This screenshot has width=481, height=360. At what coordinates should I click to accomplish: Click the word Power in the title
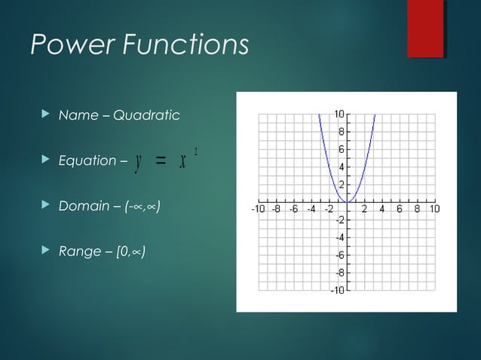[67, 44]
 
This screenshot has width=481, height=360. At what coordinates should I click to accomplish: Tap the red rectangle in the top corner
[425, 29]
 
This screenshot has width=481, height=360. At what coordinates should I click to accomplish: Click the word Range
[79, 251]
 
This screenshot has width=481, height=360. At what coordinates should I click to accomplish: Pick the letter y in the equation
[136, 161]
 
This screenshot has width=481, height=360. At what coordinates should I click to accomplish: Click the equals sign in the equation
[160, 160]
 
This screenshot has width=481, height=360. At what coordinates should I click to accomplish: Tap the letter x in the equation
[182, 160]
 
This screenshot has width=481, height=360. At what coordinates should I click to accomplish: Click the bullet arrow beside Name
[44, 115]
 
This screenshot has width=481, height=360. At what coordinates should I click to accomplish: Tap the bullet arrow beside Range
[44, 250]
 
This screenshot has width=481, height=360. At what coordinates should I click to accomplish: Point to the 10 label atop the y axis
[340, 114]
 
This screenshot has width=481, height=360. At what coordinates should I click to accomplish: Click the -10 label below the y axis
[338, 290]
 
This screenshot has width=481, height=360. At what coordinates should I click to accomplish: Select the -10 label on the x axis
[257, 209]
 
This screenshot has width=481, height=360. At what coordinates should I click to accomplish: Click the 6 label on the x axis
[400, 209]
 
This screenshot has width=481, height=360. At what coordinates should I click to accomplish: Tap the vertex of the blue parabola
[347, 202]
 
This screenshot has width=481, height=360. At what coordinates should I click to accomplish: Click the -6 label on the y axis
[339, 255]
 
